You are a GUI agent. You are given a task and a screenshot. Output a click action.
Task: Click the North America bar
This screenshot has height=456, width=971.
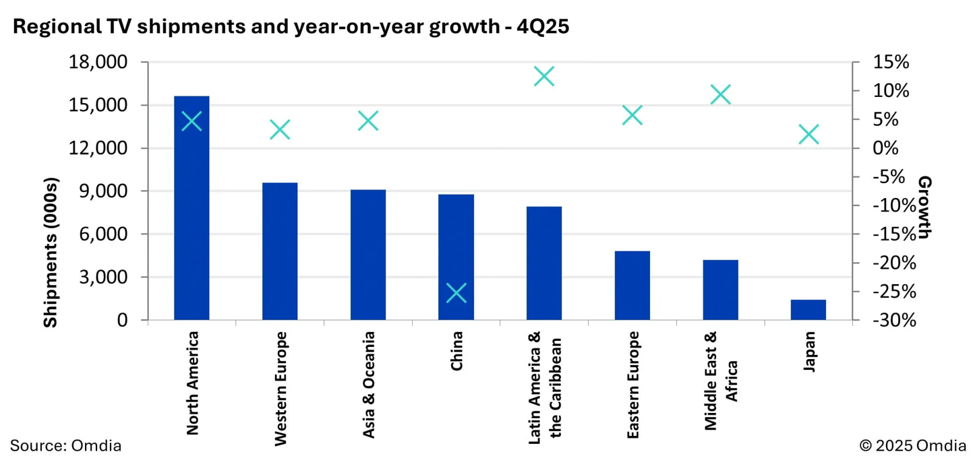tap(192, 209)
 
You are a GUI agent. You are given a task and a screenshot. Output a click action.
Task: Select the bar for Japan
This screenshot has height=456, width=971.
tap(808, 310)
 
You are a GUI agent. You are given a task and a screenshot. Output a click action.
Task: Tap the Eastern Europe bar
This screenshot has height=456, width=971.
tap(632, 286)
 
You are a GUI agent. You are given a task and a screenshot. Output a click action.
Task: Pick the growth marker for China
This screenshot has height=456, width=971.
tap(457, 293)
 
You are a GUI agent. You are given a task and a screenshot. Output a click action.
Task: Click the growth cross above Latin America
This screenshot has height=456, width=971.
tap(544, 76)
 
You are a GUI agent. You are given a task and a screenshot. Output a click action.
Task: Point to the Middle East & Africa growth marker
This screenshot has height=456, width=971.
tap(720, 94)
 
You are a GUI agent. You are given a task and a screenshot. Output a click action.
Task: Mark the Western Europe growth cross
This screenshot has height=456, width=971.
tap(280, 130)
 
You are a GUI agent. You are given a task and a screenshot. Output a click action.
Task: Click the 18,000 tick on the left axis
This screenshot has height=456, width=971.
tap(98, 63)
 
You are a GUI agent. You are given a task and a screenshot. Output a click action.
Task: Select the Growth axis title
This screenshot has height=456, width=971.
tap(924, 207)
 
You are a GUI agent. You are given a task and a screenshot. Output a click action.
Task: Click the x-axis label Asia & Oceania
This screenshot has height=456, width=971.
tap(369, 385)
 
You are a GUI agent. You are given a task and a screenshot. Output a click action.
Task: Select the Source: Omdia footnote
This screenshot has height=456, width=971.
tap(65, 445)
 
